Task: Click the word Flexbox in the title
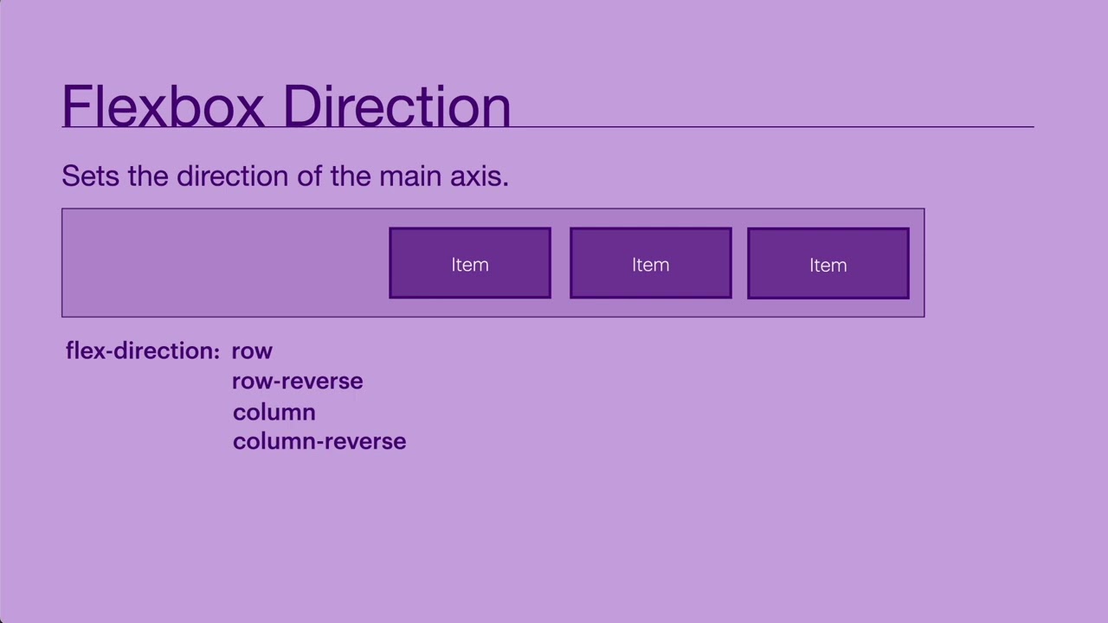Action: (x=164, y=106)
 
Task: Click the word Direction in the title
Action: (x=396, y=106)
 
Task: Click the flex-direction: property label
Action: (x=143, y=350)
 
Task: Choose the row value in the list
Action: (x=252, y=350)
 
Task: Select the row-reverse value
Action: (x=297, y=381)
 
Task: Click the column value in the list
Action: (x=274, y=412)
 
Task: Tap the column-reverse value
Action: (x=319, y=441)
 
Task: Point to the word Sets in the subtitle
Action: (x=91, y=176)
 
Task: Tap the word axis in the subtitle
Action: (x=479, y=176)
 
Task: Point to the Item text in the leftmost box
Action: (x=470, y=265)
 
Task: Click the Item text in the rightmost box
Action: (x=828, y=265)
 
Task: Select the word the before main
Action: (x=351, y=176)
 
